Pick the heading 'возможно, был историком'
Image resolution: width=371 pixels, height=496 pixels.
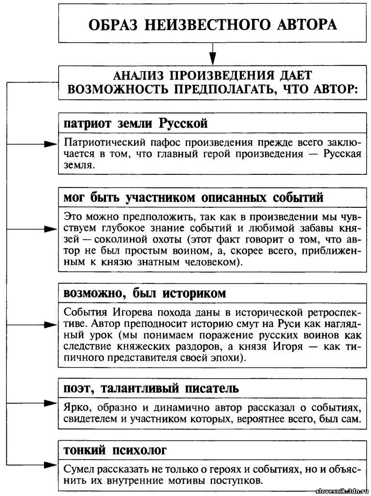(x=145, y=294)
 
